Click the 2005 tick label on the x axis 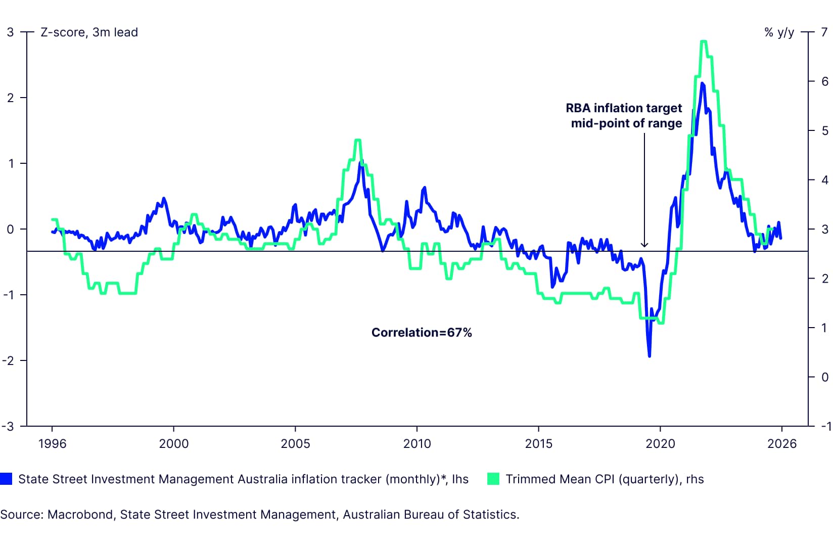click(295, 444)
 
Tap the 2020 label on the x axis click(660, 444)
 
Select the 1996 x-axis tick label click(52, 444)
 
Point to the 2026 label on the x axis click(781, 444)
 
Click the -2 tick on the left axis click(8, 360)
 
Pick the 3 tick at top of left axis click(10, 32)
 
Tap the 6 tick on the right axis click(825, 81)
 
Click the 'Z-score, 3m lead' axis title click(89, 32)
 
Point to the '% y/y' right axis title click(779, 32)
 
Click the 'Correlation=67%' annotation click(421, 333)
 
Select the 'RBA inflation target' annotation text click(623, 108)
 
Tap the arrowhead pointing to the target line click(644, 245)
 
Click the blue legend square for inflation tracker click(6, 479)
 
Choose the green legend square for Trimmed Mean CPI click(493, 479)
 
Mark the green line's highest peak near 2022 click(703, 41)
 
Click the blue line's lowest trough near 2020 click(649, 356)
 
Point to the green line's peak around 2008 click(358, 140)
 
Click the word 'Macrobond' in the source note click(80, 515)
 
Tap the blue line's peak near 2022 click(702, 83)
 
